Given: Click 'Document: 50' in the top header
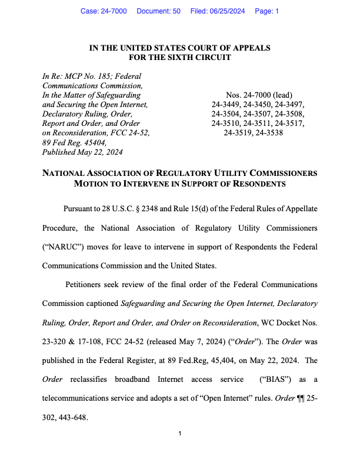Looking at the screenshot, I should (158, 11).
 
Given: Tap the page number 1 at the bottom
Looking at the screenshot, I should (180, 434).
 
